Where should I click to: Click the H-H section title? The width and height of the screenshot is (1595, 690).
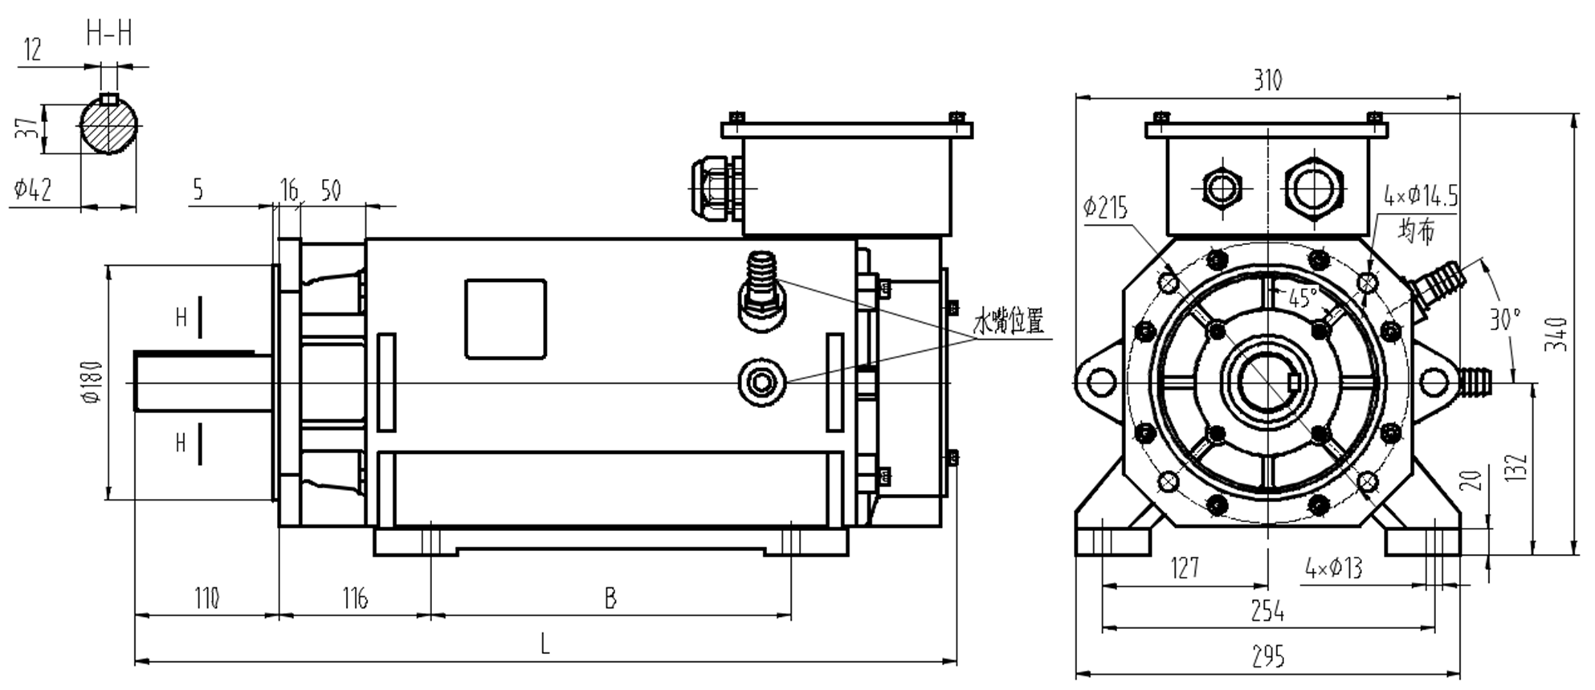(x=109, y=34)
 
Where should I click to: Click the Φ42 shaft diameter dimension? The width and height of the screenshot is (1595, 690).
(x=33, y=190)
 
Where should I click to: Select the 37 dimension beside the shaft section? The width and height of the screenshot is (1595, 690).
(x=27, y=127)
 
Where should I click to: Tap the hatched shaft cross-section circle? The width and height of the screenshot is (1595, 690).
(x=109, y=127)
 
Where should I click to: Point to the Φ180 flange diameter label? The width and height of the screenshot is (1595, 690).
(x=93, y=382)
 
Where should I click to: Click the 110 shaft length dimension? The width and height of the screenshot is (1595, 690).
(x=206, y=598)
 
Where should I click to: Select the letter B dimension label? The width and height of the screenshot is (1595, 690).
(x=610, y=598)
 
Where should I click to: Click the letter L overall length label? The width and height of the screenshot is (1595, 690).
(x=545, y=644)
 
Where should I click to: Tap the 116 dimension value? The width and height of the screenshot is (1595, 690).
(x=354, y=598)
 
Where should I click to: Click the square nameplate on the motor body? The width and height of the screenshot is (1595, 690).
(x=505, y=319)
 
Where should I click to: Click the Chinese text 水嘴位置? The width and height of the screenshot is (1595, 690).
(x=1009, y=321)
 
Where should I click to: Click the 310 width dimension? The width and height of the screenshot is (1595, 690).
(x=1267, y=80)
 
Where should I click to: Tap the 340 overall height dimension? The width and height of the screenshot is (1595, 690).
(x=1557, y=333)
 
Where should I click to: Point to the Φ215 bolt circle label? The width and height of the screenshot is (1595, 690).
(x=1105, y=208)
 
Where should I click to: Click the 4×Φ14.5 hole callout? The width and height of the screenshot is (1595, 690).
(x=1420, y=195)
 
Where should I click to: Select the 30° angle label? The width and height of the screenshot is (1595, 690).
(x=1504, y=319)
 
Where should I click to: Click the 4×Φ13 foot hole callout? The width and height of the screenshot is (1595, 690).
(x=1334, y=569)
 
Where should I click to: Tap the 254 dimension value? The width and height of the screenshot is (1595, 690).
(x=1267, y=612)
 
